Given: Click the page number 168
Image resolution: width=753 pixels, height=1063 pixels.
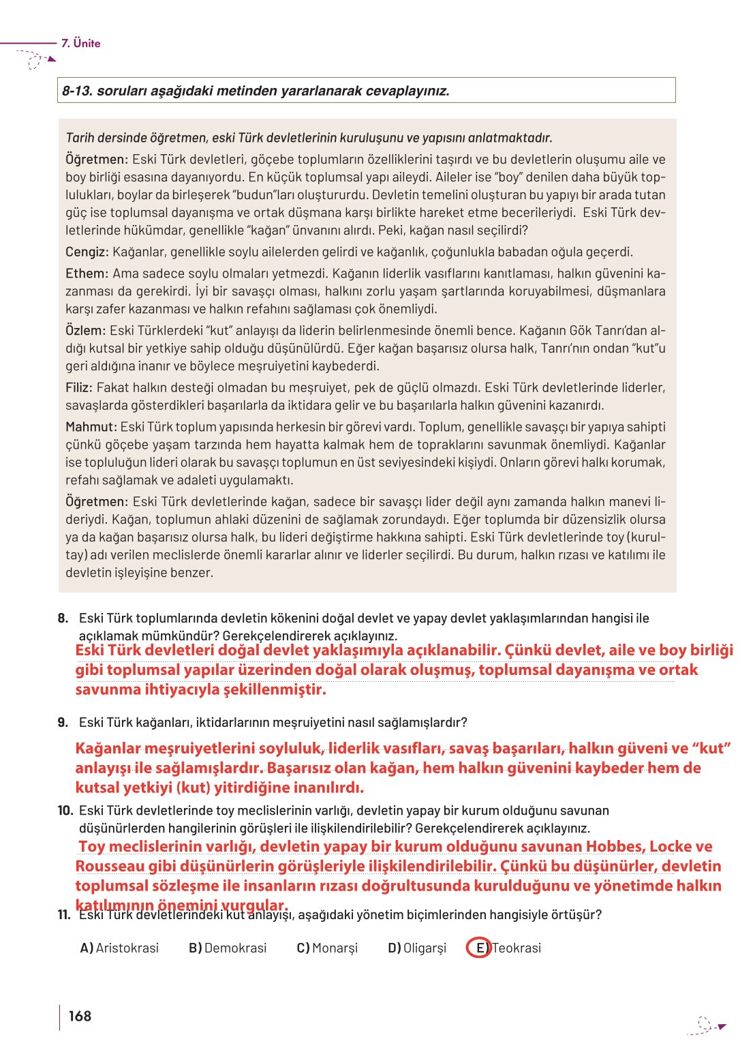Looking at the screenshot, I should (80, 1016).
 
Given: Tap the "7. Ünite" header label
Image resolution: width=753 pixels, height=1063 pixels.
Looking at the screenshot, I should (80, 43).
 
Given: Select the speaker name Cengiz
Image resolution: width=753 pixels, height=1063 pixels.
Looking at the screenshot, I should (87, 252).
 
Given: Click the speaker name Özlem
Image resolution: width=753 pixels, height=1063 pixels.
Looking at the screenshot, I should (85, 331).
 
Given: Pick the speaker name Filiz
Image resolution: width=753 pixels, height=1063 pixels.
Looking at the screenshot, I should (78, 388).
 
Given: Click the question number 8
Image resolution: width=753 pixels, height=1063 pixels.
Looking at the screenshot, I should (63, 618).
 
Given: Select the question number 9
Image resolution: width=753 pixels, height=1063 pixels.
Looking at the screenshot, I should (63, 722).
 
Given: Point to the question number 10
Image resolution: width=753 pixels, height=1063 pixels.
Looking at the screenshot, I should (65, 811).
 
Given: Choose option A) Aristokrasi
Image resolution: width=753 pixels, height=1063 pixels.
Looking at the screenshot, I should (119, 948).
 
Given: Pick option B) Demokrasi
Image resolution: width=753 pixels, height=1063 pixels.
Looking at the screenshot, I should (228, 948).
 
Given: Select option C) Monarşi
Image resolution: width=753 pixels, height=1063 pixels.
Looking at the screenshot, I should (327, 948).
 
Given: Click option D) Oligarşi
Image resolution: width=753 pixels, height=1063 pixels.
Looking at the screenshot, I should (417, 948).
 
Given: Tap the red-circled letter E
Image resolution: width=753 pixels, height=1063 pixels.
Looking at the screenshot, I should (479, 948).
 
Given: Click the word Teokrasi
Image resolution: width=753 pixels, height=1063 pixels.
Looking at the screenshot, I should (517, 948).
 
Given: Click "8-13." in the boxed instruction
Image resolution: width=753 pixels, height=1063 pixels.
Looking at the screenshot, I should (77, 91).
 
